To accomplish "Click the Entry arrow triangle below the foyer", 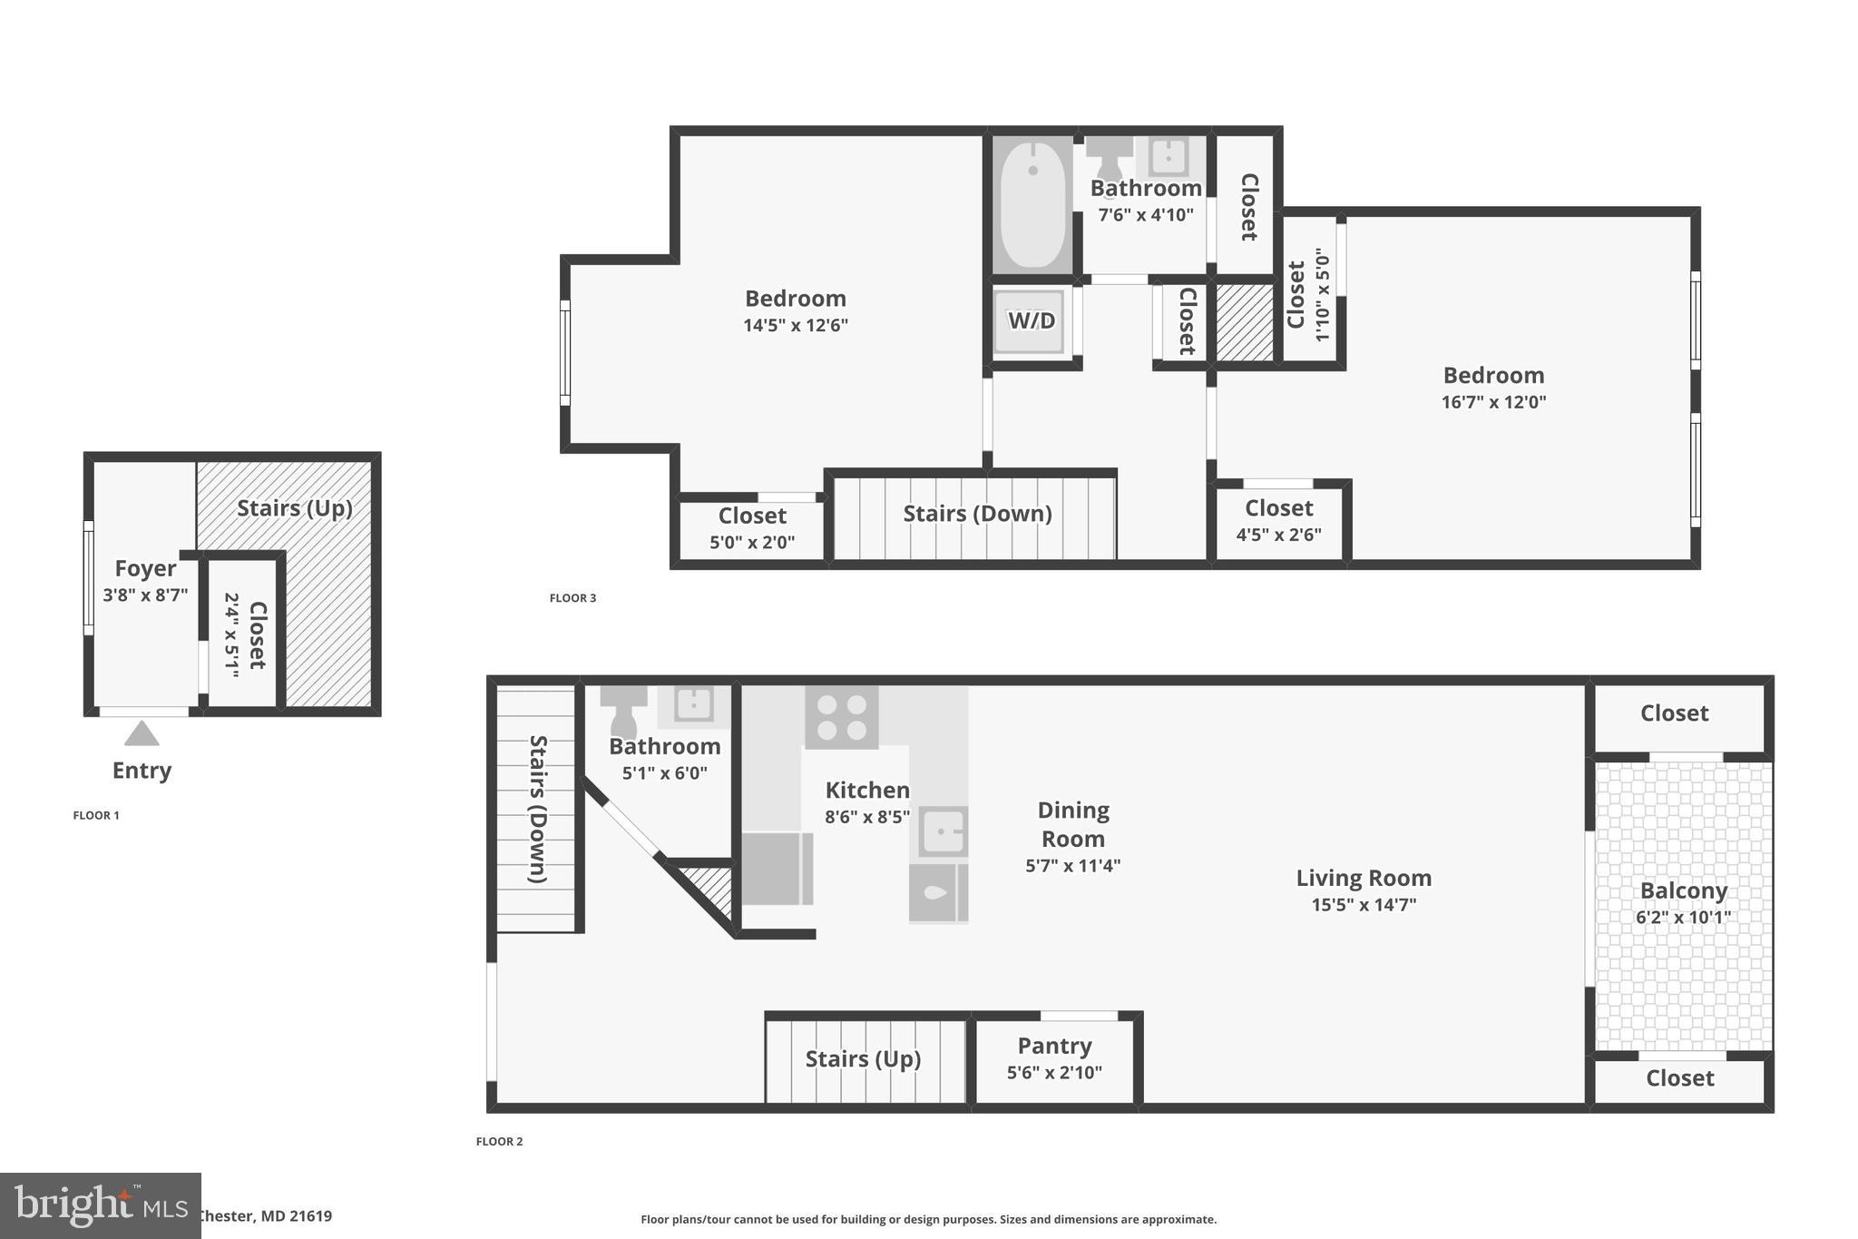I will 142,733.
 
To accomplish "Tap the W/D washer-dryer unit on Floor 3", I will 1032,320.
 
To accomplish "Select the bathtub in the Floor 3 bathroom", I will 1032,204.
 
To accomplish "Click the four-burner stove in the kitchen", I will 841,717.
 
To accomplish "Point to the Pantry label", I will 1054,1046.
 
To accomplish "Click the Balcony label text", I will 1683,890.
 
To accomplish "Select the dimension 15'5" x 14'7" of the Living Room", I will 1363,904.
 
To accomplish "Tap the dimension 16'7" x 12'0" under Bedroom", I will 1493,401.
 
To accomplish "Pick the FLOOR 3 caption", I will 572,598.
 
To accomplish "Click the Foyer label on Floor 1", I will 145,568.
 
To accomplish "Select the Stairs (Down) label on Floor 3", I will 977,514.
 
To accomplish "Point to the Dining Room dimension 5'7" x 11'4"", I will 1072,866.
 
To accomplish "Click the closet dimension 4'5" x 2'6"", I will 1278,535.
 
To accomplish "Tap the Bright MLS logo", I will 100,1205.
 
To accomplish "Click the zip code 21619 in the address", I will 311,1216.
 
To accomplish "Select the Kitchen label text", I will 866,790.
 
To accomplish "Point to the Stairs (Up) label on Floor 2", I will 863,1059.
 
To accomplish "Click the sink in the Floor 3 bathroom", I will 1168,156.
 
